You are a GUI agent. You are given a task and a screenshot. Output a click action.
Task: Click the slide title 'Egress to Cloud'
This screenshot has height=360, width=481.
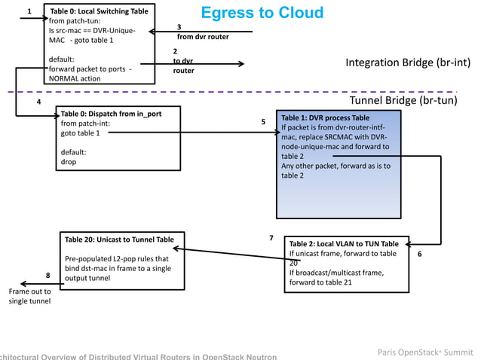click(x=262, y=13)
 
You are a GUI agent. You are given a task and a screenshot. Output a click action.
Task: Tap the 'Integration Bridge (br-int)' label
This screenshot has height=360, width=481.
click(x=408, y=63)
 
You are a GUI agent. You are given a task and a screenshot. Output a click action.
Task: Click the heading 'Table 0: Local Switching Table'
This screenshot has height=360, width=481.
click(x=98, y=12)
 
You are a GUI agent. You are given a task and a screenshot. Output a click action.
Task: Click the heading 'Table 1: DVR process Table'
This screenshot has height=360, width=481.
click(x=325, y=118)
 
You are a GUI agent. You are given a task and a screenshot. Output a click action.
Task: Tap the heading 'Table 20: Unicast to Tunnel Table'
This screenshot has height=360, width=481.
click(x=119, y=239)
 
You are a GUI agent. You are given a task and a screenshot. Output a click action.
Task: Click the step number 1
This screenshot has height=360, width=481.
click(x=29, y=11)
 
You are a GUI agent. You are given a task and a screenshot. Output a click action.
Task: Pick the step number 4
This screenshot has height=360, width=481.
click(x=39, y=102)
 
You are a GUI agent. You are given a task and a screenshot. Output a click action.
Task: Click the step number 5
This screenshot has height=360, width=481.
click(x=263, y=121)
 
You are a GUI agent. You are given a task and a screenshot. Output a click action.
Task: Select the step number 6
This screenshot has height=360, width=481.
click(x=420, y=255)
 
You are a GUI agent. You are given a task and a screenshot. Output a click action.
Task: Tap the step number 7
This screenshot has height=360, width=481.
click(x=271, y=238)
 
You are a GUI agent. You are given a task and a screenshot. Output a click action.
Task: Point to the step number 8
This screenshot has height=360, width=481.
click(x=47, y=276)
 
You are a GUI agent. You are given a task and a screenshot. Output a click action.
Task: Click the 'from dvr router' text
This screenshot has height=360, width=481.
click(x=203, y=36)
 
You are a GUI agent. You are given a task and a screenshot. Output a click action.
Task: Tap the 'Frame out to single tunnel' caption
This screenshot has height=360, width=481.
click(x=29, y=296)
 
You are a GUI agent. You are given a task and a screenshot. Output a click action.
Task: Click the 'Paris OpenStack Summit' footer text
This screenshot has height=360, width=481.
click(x=425, y=352)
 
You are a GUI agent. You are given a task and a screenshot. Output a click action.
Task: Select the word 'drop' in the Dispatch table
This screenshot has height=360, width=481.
click(x=69, y=161)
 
